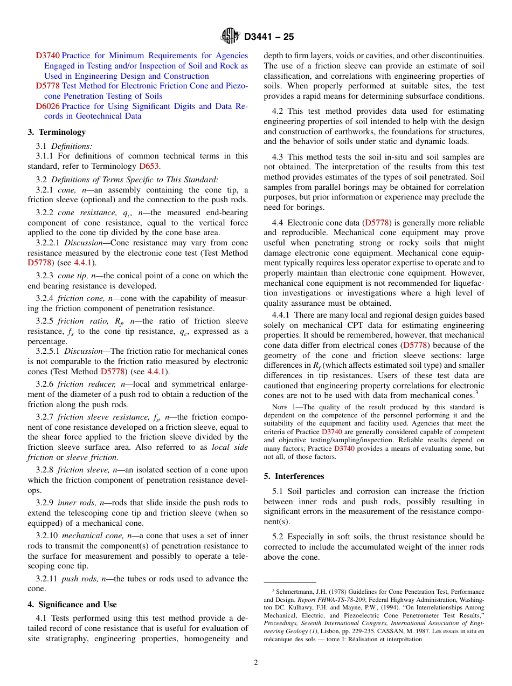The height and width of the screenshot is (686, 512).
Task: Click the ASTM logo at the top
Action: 230,37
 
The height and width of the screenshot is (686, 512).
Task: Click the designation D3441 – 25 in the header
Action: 269,37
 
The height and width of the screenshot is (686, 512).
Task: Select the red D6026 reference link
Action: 48,106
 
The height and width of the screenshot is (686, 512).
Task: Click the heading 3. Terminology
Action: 57,132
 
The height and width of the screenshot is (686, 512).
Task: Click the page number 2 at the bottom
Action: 256,663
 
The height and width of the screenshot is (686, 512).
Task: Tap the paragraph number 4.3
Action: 278,157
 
